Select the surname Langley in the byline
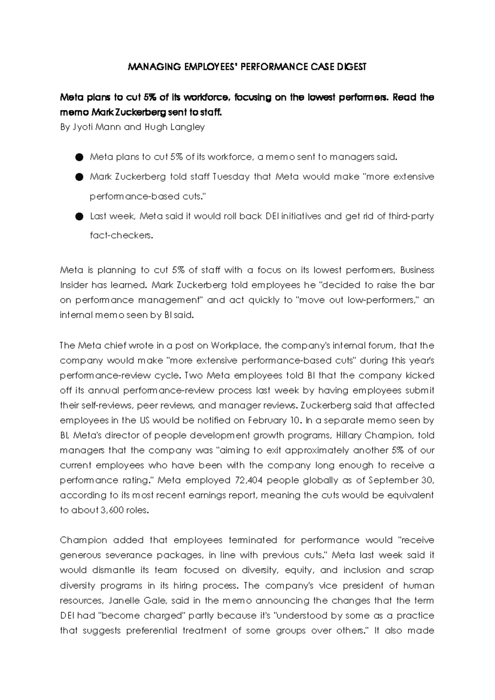[x=189, y=127]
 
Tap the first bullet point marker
[x=80, y=157]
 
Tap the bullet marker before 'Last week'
[x=80, y=217]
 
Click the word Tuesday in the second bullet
[x=231, y=177]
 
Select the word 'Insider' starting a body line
[x=74, y=285]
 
